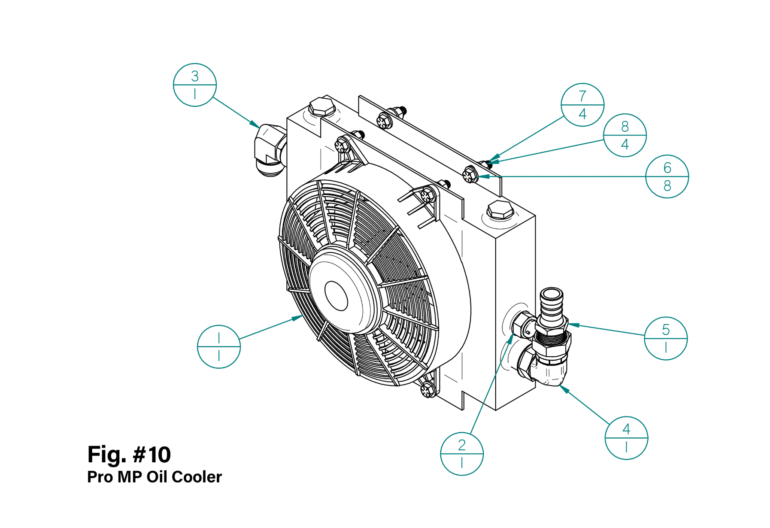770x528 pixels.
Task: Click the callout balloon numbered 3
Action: (194, 85)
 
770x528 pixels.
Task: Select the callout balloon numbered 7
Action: (582, 105)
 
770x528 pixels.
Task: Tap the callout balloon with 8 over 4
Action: (624, 135)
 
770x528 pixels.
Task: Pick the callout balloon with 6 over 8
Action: (667, 176)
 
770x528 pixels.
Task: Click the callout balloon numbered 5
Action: (665, 338)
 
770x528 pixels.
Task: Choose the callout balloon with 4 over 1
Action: (626, 438)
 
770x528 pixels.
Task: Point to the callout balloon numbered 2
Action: (461, 454)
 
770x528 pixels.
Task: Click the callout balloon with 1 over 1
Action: (218, 346)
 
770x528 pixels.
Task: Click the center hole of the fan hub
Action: (336, 296)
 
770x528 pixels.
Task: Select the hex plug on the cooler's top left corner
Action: (321, 106)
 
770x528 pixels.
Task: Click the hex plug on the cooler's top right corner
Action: (500, 210)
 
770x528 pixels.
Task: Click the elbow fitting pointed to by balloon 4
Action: (545, 369)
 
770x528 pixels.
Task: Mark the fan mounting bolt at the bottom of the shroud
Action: (428, 390)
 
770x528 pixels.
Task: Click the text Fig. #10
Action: (129, 455)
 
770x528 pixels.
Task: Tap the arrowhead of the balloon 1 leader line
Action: (299, 318)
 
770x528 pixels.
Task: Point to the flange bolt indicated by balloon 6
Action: (470, 175)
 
